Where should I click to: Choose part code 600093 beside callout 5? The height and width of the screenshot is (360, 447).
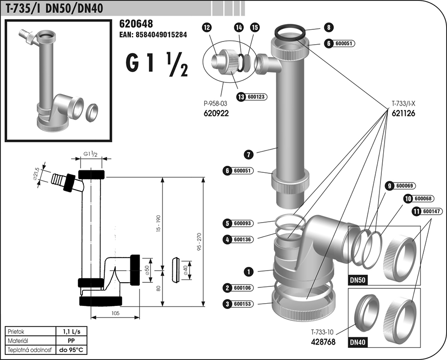pyautogui.click(x=242, y=224)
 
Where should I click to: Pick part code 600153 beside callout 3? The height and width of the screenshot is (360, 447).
pyautogui.click(x=242, y=304)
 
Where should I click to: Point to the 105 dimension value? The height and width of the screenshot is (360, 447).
pyautogui.click(x=116, y=313)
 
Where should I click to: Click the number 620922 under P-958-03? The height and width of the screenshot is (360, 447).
pyautogui.click(x=217, y=113)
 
